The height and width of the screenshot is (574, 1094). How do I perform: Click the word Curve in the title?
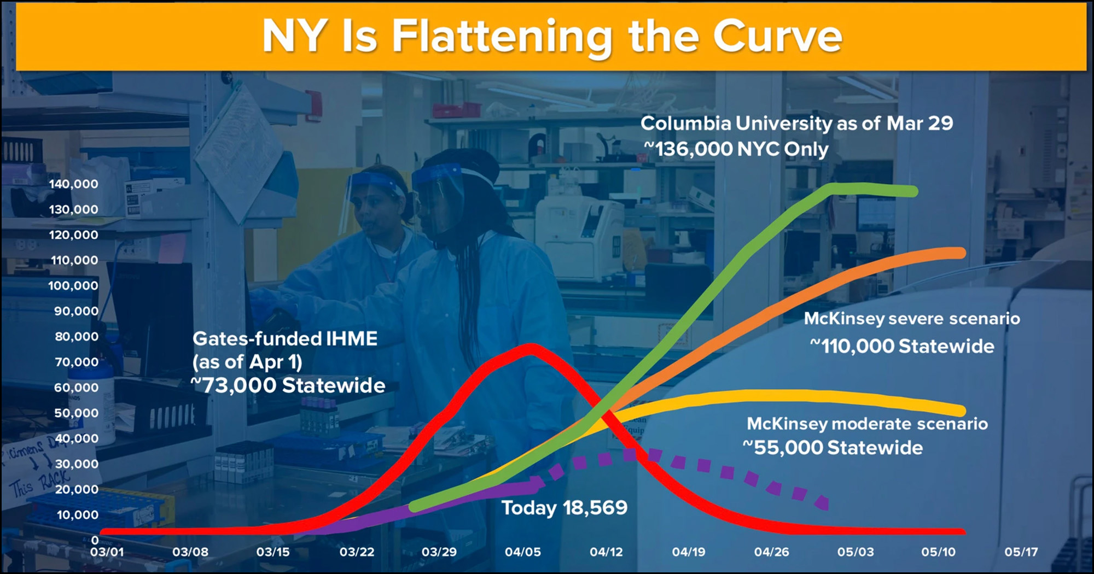[777, 36]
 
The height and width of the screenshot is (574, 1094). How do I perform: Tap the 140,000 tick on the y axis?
[74, 184]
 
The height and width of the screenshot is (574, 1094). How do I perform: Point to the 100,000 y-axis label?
[73, 285]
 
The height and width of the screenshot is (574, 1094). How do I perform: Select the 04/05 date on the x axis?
[523, 552]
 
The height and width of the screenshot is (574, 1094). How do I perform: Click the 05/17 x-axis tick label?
[1021, 552]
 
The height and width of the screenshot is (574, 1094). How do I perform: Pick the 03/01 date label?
[107, 552]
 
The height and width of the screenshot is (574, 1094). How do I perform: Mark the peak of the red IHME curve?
[530, 349]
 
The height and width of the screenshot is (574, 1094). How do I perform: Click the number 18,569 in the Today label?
[595, 508]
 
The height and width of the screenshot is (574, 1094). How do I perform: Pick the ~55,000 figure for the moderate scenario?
[783, 448]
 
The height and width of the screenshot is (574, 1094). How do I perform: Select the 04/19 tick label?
[689, 552]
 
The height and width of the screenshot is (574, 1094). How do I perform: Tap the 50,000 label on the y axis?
[77, 413]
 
